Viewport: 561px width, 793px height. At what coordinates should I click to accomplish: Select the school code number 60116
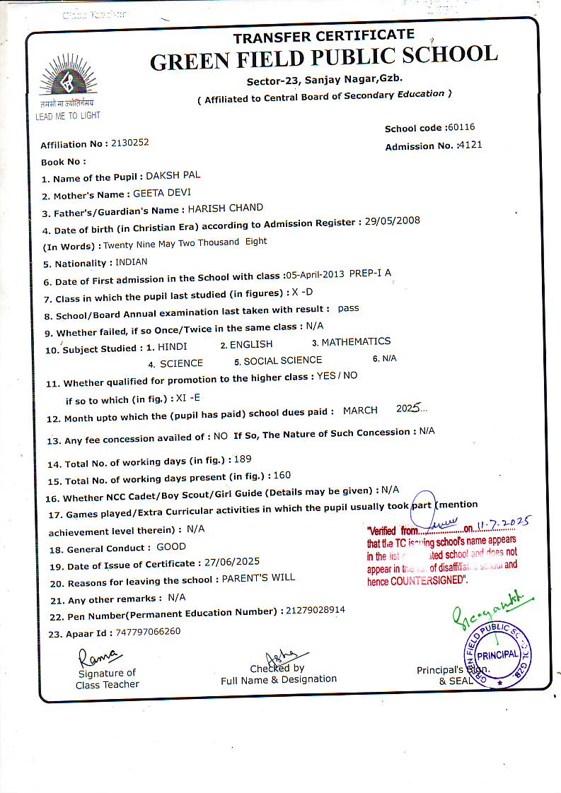click(461, 127)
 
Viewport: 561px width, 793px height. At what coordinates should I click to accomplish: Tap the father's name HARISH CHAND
click(225, 208)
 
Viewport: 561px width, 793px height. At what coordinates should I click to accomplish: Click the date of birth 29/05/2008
click(393, 221)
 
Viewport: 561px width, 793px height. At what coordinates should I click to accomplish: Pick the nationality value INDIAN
click(131, 262)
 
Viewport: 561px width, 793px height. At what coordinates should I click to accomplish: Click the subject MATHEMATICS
click(356, 342)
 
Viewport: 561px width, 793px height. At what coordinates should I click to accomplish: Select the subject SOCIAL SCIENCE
click(283, 360)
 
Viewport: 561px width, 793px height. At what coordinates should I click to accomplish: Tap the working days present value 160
click(282, 476)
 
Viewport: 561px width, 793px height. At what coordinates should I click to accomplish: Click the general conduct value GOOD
click(171, 546)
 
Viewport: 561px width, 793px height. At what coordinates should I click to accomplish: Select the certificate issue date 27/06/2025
click(231, 562)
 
